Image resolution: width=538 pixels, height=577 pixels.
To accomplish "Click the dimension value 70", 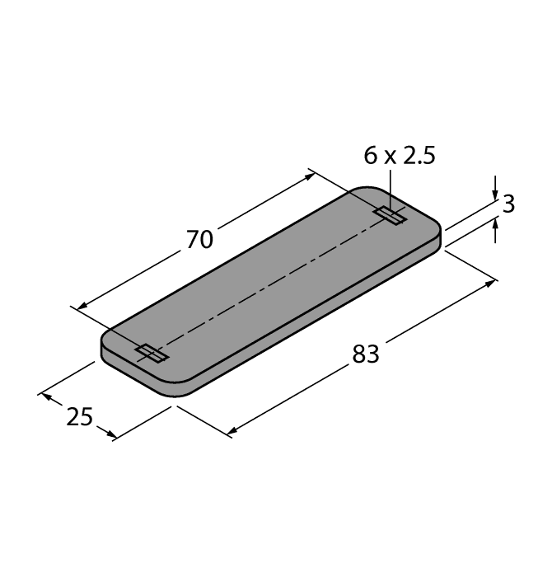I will [x=199, y=239].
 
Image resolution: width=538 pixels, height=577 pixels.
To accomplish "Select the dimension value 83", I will [x=365, y=354].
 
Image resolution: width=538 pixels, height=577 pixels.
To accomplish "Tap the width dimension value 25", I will [x=79, y=417].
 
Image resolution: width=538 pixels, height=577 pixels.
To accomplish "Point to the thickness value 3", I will [x=508, y=204].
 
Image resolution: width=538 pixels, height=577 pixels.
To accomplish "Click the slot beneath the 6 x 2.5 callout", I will [x=390, y=216].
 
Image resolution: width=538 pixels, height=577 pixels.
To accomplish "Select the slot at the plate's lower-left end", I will [x=152, y=354].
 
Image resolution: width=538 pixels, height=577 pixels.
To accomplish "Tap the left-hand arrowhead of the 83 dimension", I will [x=232, y=430].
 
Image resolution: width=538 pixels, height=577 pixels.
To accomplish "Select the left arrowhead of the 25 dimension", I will [x=44, y=397].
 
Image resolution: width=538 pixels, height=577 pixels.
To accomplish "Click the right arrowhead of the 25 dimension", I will [x=109, y=434].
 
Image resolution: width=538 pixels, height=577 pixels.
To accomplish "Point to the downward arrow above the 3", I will [x=494, y=190].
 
